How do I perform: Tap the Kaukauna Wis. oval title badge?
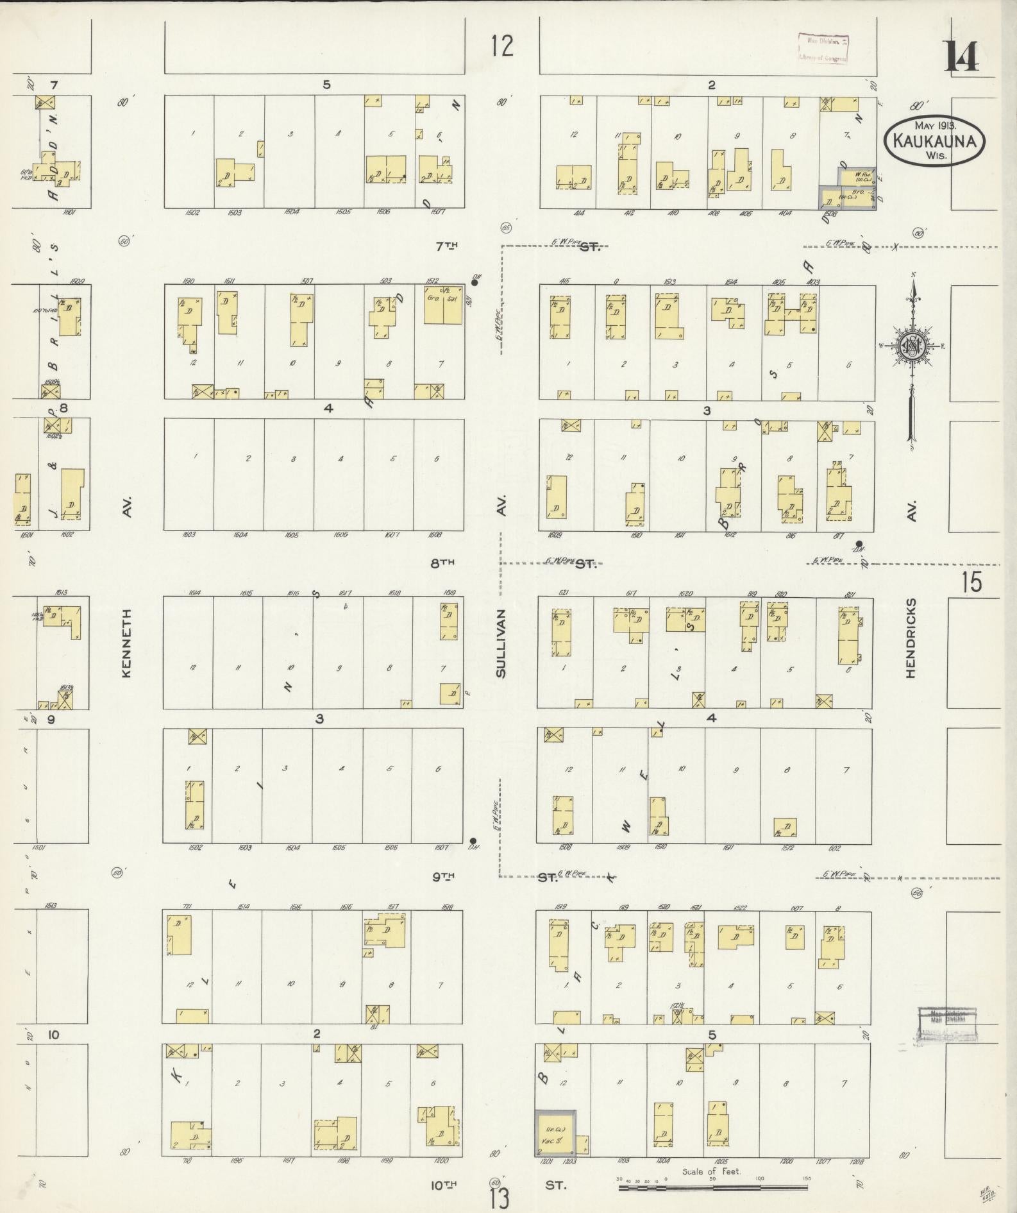click(934, 142)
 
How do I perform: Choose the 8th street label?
click(442, 563)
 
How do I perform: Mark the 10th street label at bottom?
click(442, 1185)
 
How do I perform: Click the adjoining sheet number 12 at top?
click(502, 46)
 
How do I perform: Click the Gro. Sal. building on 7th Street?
click(442, 304)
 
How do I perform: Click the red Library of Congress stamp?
click(823, 49)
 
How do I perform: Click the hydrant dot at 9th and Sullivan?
click(473, 841)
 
